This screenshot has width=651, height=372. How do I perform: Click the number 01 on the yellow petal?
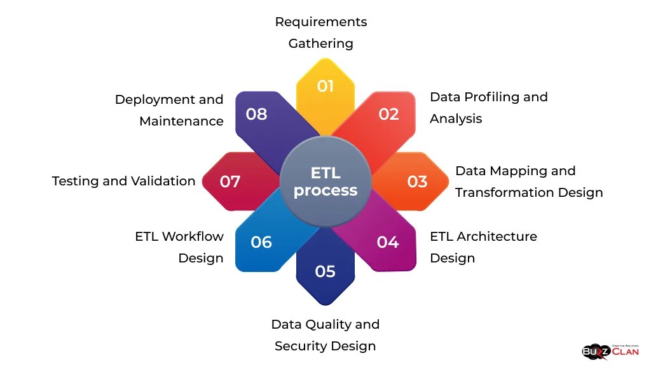tap(325, 86)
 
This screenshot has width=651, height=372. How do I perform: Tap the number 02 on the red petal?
tap(388, 114)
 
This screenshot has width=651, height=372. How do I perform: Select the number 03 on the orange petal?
tap(417, 182)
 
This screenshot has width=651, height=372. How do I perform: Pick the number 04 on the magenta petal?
tap(388, 242)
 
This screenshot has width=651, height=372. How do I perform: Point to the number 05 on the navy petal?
tap(325, 271)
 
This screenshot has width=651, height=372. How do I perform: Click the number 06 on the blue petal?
tap(261, 242)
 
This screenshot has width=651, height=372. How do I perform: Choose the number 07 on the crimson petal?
tap(230, 182)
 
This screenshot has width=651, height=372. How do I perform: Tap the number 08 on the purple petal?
tap(256, 114)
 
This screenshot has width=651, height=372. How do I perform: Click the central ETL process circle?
tap(325, 182)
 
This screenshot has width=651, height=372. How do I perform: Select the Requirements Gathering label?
tap(321, 32)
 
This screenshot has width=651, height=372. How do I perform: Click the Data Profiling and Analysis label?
tap(488, 108)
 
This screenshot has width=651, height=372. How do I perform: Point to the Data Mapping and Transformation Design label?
tap(529, 182)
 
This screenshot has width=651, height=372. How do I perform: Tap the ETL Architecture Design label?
tap(483, 247)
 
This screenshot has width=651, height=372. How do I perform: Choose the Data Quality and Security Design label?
tap(325, 335)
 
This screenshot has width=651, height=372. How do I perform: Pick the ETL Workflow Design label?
tap(179, 247)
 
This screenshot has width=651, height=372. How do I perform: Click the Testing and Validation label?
tap(123, 181)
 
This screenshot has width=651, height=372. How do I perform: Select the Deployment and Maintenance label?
tap(169, 110)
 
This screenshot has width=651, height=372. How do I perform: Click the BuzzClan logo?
tap(610, 351)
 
